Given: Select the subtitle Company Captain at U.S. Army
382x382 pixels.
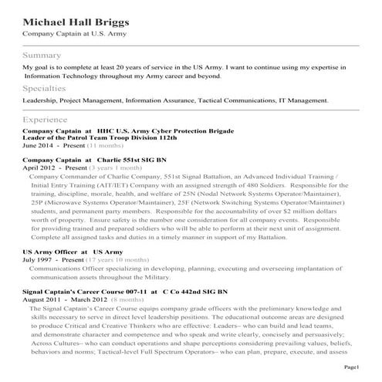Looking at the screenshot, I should pyautogui.click(x=74, y=34).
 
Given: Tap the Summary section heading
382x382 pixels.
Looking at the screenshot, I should pyautogui.click(x=42, y=56).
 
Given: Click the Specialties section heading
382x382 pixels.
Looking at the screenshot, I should pyautogui.click(x=44, y=89).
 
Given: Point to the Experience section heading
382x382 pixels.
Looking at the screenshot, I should pyautogui.click(x=46, y=120).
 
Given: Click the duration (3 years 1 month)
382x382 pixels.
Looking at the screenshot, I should pyautogui.click(x=116, y=167).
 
